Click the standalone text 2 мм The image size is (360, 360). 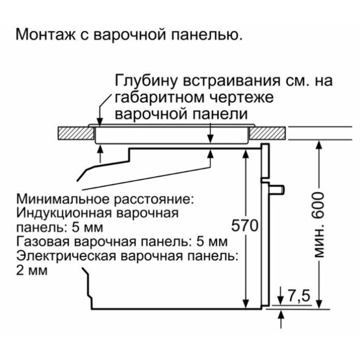pyautogui.click(x=32, y=269)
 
